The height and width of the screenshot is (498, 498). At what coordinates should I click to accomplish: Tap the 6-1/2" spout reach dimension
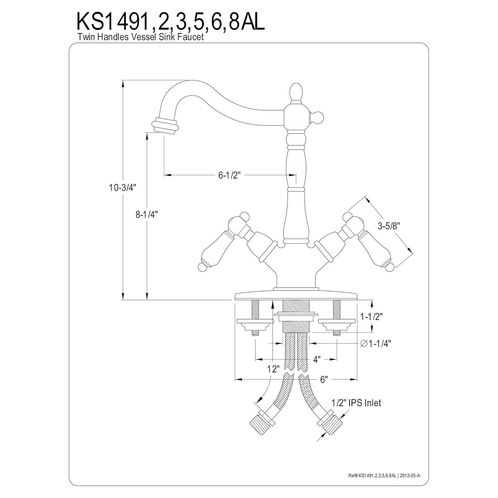coord(229,175)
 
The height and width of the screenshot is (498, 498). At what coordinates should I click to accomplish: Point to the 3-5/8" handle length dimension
coord(388,226)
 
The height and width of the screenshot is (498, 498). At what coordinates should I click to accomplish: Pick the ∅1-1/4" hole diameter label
coord(375,344)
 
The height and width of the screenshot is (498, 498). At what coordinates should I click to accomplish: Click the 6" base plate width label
coord(324,379)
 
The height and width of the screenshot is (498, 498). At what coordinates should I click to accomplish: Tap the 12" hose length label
coord(274,369)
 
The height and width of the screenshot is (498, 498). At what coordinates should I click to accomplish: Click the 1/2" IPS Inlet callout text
coord(356,403)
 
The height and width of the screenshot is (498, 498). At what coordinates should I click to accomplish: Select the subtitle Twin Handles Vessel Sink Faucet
coord(140,37)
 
